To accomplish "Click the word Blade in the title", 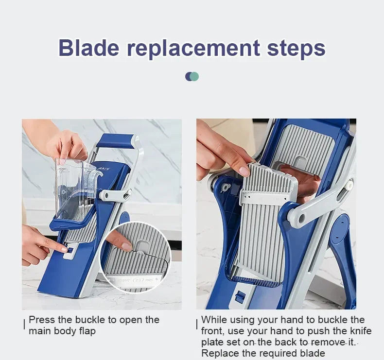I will (88, 48).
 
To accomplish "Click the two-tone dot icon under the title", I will (192, 76).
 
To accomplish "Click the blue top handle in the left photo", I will (115, 141).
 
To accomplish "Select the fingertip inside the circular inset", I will (125, 246).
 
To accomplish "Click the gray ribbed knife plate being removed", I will (262, 228).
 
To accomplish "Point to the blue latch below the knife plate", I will (240, 297).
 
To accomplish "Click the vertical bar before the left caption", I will (24, 325).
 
